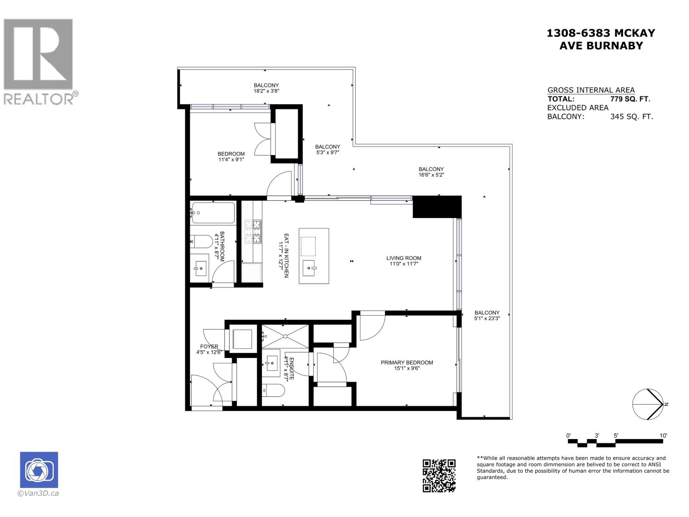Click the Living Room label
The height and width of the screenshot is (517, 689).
(403, 258)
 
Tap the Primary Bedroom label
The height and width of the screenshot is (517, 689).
(407, 363)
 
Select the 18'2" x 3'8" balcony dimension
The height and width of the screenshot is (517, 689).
(266, 91)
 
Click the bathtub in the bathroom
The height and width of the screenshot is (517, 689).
(213, 213)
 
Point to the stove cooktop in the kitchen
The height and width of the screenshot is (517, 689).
(253, 231)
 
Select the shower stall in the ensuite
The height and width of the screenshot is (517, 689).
(285, 336)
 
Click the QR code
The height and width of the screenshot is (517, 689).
(439, 476)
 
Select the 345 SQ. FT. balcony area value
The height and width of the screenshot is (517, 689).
(631, 116)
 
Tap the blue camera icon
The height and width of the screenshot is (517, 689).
(39, 470)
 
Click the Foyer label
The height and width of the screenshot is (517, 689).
(209, 346)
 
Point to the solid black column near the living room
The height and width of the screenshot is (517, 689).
(437, 206)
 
